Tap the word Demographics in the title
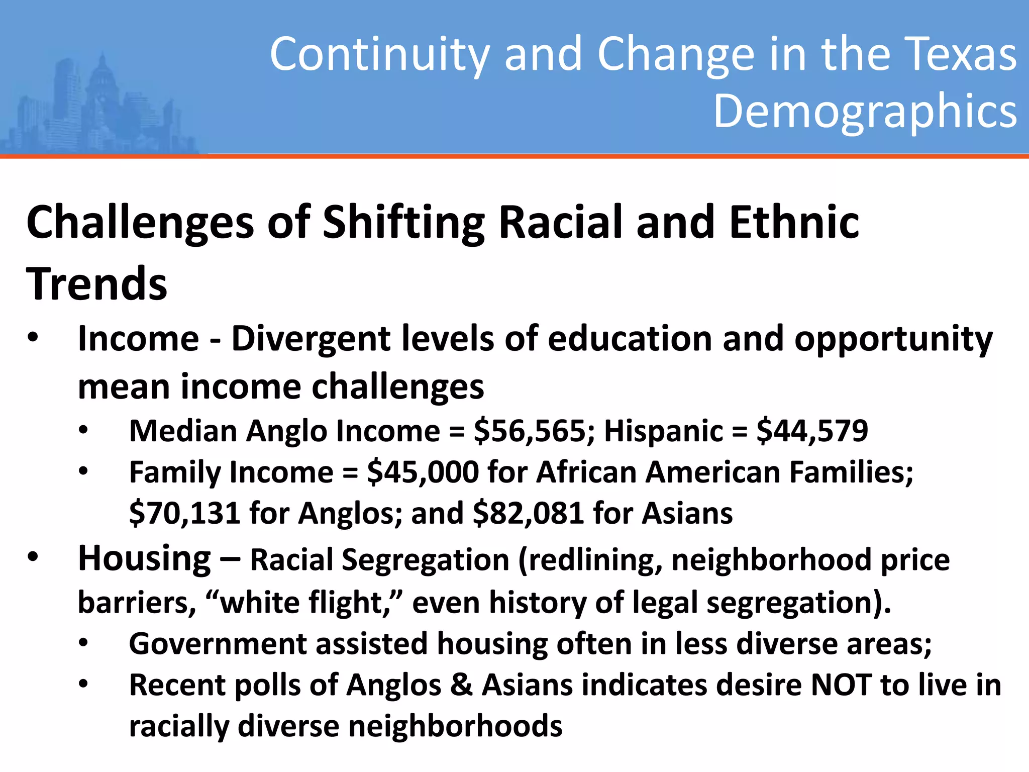[x=865, y=111]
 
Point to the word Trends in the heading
[x=96, y=284]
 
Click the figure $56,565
[x=534, y=432]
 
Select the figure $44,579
[x=812, y=432]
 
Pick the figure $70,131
[x=184, y=514]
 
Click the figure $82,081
[x=528, y=514]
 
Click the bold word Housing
[x=144, y=559]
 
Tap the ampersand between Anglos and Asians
[x=461, y=686]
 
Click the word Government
[x=218, y=644]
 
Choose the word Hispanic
[x=663, y=432]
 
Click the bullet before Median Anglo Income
[x=83, y=431]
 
